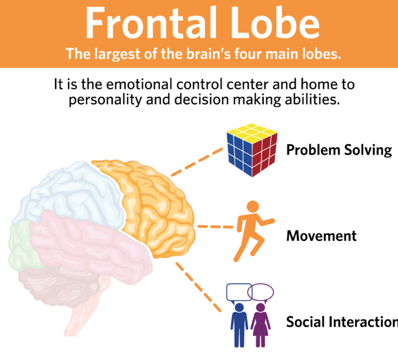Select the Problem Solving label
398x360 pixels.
coord(338,150)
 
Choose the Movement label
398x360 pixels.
coord(321,236)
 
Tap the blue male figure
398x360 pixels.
coord(239,323)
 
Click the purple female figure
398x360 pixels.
coord(260,323)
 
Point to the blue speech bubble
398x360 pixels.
coord(238,292)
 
